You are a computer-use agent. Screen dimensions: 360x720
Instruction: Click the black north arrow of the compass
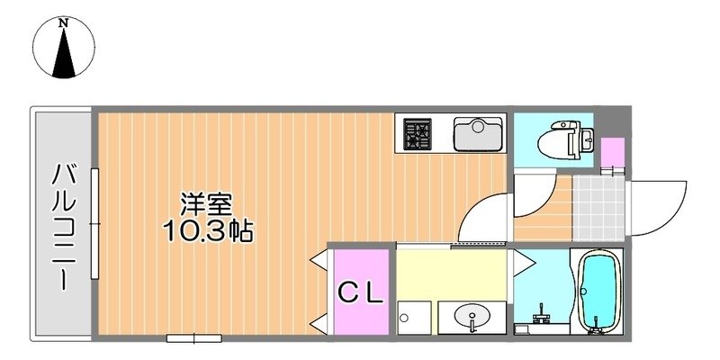64,56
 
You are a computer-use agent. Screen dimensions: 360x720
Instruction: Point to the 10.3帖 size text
207,231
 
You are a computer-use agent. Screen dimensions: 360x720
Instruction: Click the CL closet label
362,291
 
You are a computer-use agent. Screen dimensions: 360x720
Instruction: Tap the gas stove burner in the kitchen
417,134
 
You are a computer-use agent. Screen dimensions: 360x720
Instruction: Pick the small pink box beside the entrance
612,152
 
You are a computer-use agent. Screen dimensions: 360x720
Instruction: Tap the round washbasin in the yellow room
472,317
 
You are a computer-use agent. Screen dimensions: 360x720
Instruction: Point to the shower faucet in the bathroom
540,317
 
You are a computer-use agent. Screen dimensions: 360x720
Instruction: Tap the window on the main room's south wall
193,338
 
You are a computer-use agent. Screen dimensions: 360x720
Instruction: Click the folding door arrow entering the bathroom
522,262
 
